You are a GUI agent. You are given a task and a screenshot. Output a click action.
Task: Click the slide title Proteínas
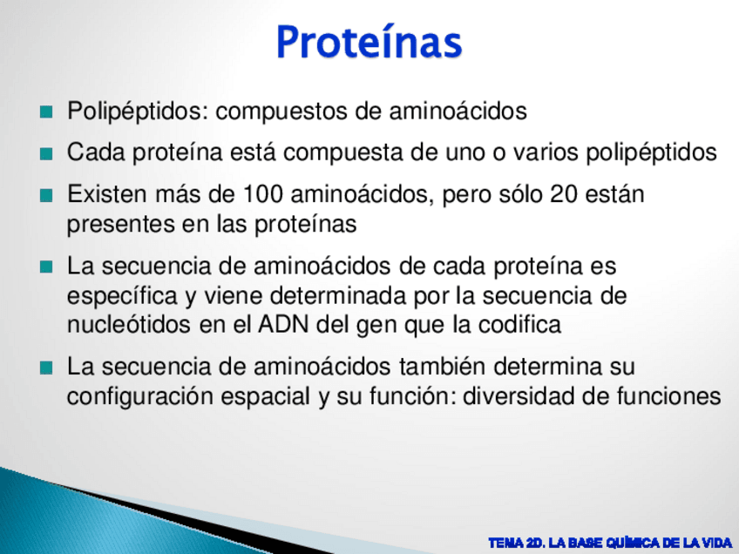(369, 42)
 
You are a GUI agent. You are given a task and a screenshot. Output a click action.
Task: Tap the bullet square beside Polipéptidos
(46, 112)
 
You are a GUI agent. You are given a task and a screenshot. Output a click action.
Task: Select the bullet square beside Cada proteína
(46, 153)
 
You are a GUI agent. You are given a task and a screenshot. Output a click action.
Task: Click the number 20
(564, 194)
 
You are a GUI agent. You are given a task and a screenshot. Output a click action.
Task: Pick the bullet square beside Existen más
(46, 195)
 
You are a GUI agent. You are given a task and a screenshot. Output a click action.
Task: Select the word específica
(123, 296)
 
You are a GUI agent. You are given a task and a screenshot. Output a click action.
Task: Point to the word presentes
(120, 224)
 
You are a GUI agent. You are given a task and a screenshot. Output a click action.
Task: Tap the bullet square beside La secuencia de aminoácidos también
(46, 368)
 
